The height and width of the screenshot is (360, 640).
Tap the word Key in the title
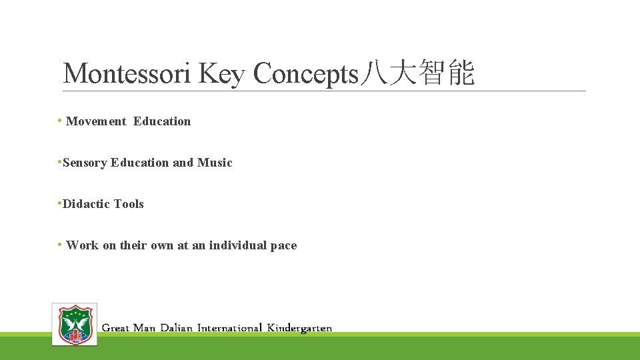(x=222, y=74)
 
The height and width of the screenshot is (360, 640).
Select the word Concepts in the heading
(x=306, y=74)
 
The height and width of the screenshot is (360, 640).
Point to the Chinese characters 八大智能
(x=417, y=74)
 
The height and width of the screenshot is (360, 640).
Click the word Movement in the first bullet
(x=96, y=121)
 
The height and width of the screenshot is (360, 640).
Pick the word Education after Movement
(x=162, y=121)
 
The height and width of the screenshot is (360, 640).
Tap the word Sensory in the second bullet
(x=85, y=163)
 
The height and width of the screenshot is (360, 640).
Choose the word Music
(x=215, y=163)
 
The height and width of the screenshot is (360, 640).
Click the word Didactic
(x=86, y=204)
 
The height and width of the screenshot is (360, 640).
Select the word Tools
(x=129, y=204)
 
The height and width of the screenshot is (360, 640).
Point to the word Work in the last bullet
(x=82, y=245)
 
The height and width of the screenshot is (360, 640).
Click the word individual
(x=238, y=245)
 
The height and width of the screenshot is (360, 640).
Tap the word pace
(x=284, y=245)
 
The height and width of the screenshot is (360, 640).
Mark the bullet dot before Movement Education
(x=60, y=121)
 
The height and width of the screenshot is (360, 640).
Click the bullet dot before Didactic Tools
(x=60, y=203)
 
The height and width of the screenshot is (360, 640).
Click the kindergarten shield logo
(x=75, y=324)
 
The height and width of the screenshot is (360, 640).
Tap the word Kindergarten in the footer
(x=299, y=328)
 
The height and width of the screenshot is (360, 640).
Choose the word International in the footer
(x=229, y=328)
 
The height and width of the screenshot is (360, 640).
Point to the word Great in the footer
(x=115, y=328)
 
